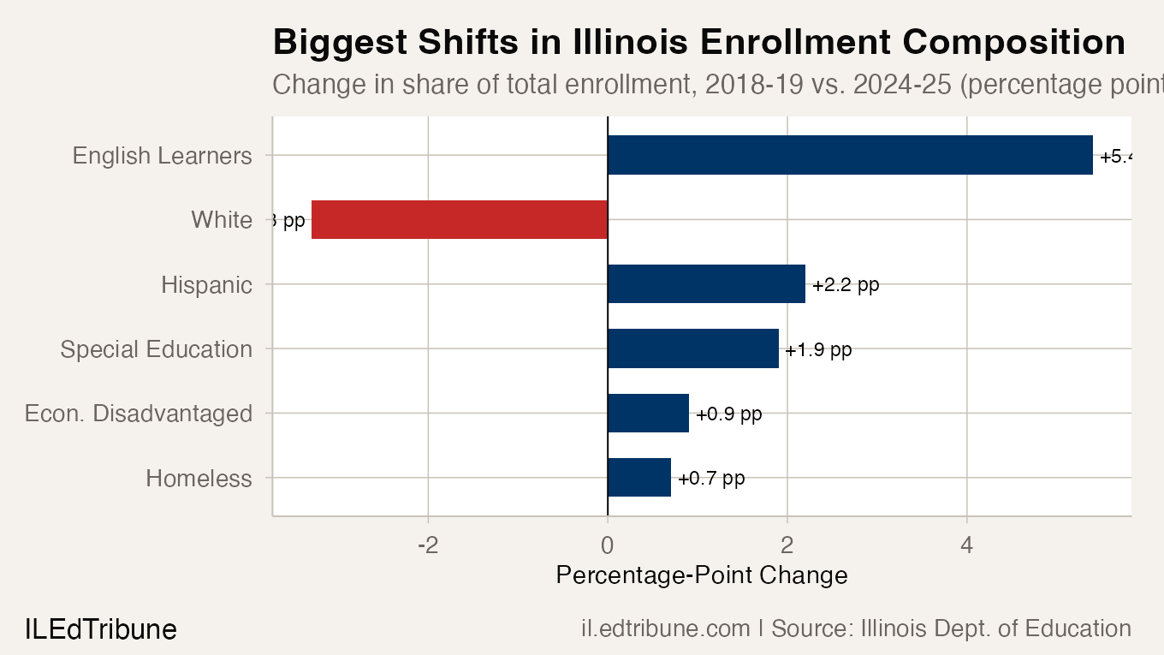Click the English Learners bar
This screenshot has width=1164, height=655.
(850, 155)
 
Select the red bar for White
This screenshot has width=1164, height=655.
(460, 220)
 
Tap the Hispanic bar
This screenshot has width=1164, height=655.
(706, 284)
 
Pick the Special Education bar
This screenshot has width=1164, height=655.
(693, 348)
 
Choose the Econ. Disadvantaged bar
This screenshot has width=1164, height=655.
(648, 413)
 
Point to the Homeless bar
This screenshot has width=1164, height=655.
(639, 478)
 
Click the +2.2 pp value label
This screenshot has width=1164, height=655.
(846, 285)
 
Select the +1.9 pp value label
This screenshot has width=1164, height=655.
(818, 349)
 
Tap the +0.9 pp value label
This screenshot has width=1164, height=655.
(728, 414)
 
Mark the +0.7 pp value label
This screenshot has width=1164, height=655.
(710, 479)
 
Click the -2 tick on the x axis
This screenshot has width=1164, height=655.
(427, 545)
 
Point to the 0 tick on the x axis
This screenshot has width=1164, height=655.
(608, 545)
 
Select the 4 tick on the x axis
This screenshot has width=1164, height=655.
(967, 545)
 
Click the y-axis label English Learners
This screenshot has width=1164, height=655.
(163, 156)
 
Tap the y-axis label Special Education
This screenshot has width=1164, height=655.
(157, 349)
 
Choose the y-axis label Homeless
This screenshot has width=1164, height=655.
(199, 478)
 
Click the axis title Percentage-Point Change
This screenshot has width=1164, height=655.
(702, 575)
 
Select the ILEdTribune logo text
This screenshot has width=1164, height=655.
(101, 629)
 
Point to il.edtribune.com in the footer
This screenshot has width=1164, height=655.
(666, 628)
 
